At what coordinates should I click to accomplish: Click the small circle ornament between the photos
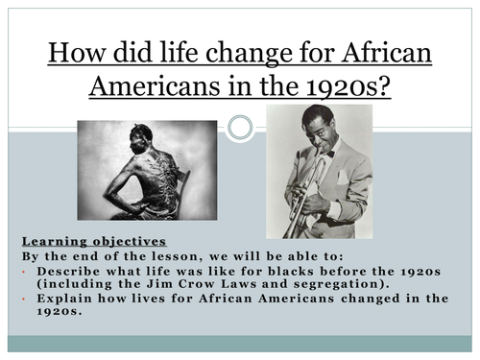tap(240, 127)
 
